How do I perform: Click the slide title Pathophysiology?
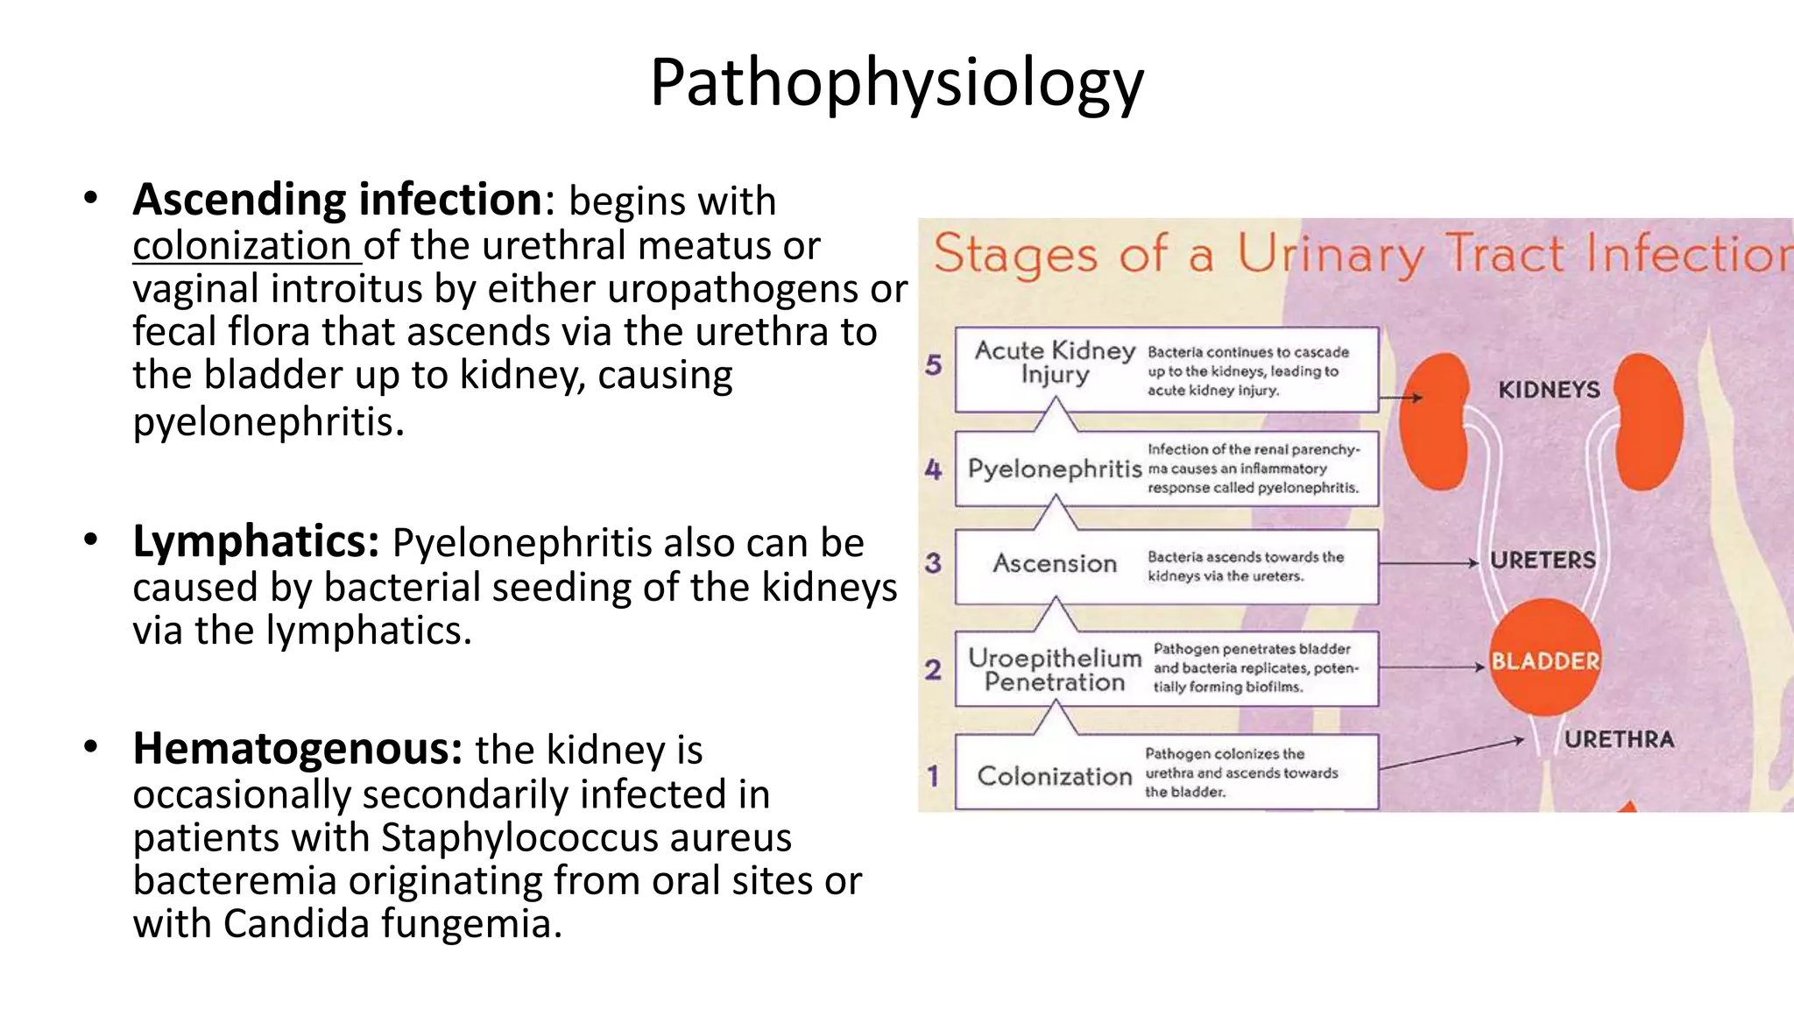[896, 82]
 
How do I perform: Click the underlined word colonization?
[242, 246]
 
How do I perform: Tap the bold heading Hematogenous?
[297, 750]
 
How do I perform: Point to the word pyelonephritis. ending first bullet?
[268, 422]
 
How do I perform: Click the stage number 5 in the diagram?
[934, 365]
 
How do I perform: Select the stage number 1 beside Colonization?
[933, 776]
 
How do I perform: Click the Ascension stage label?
[1055, 564]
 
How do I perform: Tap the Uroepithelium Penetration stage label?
[1055, 670]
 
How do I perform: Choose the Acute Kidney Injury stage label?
[1055, 362]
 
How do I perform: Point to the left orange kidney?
[1434, 420]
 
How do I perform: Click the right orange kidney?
[1648, 420]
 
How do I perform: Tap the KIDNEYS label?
[1548, 390]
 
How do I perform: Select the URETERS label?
[1543, 561]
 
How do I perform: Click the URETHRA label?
[1619, 740]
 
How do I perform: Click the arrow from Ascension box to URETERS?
[1430, 563]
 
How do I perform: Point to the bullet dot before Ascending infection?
[90, 198]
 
